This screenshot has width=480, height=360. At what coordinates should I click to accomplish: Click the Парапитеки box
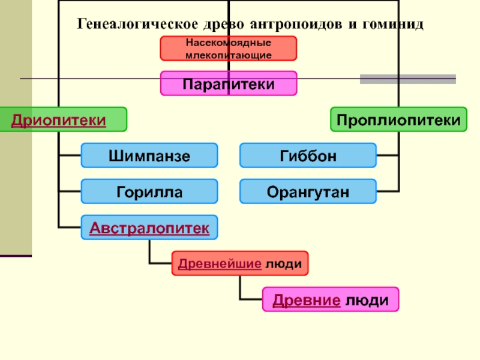click(228, 83)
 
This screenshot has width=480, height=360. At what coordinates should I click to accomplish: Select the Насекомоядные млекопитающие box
click(228, 49)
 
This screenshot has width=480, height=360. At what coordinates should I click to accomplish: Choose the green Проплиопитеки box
click(398, 119)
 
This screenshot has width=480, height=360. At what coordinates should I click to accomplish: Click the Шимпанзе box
click(149, 156)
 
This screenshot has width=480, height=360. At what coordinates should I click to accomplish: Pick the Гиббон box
click(308, 155)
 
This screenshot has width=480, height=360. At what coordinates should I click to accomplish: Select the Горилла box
click(149, 191)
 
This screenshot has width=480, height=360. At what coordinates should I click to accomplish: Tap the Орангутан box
click(308, 191)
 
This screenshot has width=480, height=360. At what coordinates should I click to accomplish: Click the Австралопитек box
click(149, 228)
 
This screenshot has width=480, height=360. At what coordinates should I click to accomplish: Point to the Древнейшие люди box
click(240, 263)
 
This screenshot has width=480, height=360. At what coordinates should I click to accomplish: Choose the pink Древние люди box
click(330, 299)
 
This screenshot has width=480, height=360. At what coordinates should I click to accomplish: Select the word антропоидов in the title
click(293, 25)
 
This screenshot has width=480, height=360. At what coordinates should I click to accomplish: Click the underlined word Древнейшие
click(218, 263)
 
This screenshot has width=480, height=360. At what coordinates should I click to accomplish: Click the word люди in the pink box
click(366, 299)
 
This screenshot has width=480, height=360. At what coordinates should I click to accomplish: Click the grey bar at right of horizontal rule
click(407, 79)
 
